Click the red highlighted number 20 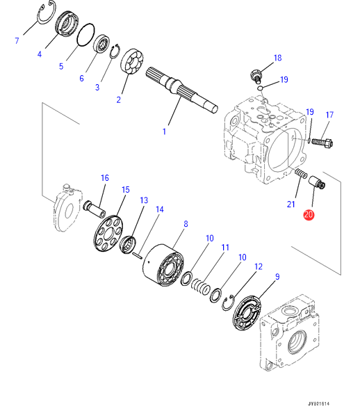coord(309,215)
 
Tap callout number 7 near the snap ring coord(17,40)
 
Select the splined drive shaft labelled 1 coord(181,90)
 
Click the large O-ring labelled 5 coord(85,35)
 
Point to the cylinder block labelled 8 coord(163,265)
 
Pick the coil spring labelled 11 coord(201,287)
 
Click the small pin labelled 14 coord(137,256)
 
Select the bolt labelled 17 coord(322,142)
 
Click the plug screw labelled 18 coord(256,76)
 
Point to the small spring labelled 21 coord(301,174)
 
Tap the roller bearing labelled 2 coord(132,61)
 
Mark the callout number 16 coord(104,178)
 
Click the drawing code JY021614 coord(318,403)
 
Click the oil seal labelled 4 coord(67,24)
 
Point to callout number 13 coord(144,200)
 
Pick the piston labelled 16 coord(94,209)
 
